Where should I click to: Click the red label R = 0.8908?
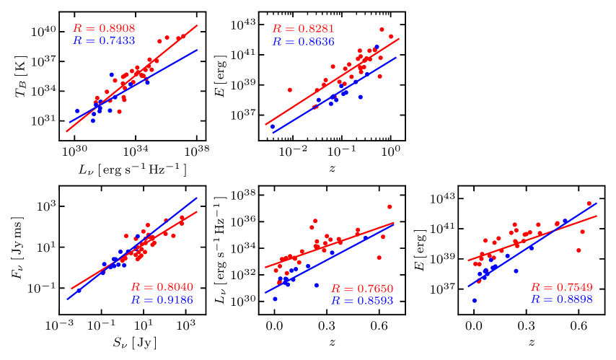pyautogui.click(x=104, y=29)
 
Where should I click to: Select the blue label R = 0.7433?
pyautogui.click(x=104, y=41)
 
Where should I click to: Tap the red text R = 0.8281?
pyautogui.click(x=303, y=29)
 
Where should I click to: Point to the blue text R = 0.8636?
pyautogui.click(x=303, y=42)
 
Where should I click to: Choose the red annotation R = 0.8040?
pyautogui.click(x=162, y=287)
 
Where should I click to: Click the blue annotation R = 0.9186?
pyautogui.click(x=162, y=299)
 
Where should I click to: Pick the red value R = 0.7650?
pyautogui.click(x=362, y=289)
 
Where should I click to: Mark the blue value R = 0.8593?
pyautogui.click(x=362, y=300)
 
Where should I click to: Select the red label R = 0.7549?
pyautogui.click(x=561, y=287)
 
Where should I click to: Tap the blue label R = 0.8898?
pyautogui.click(x=561, y=299)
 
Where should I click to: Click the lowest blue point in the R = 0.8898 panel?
pyautogui.click(x=475, y=300)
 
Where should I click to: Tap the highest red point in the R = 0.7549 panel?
pyautogui.click(x=589, y=203)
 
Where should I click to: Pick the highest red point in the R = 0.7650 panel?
pyautogui.click(x=390, y=207)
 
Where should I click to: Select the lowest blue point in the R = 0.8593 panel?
pyautogui.click(x=275, y=299)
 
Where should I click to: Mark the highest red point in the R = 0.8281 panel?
pyautogui.click(x=382, y=30)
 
